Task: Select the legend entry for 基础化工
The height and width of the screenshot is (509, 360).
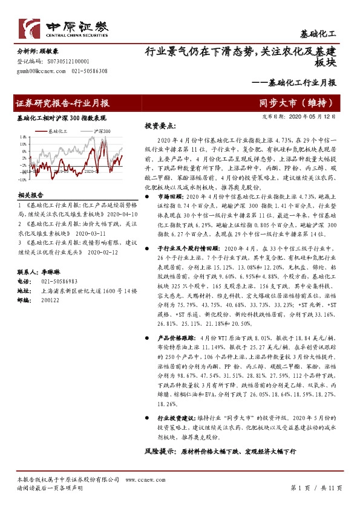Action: coord(57,131)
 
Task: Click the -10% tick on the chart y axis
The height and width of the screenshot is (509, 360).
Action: coord(22,179)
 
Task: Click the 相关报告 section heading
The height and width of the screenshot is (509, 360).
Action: coord(30,195)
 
